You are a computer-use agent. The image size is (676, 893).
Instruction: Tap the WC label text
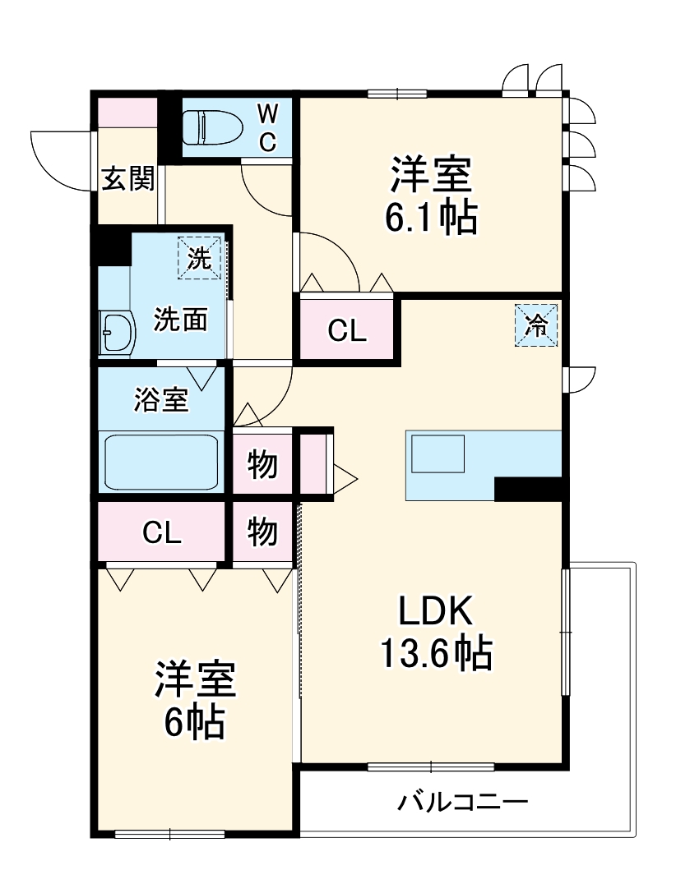(x=268, y=128)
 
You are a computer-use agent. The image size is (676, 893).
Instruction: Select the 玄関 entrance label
(x=127, y=178)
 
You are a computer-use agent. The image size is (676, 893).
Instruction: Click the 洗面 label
(x=180, y=319)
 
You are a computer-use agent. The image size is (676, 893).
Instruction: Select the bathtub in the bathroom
(x=160, y=462)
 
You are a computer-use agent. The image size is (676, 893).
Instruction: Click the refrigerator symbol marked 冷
(x=536, y=325)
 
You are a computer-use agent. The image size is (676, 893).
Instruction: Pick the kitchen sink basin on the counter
(x=438, y=453)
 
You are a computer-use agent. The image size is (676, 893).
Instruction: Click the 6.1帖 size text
(x=431, y=219)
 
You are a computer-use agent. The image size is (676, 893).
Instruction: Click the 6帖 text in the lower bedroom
(x=194, y=722)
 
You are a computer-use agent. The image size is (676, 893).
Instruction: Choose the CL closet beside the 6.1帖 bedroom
(x=346, y=330)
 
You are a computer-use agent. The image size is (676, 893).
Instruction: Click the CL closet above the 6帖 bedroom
(x=161, y=533)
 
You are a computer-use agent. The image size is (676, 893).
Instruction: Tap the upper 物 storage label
(x=262, y=465)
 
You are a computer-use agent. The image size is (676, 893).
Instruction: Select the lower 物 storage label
(x=262, y=533)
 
